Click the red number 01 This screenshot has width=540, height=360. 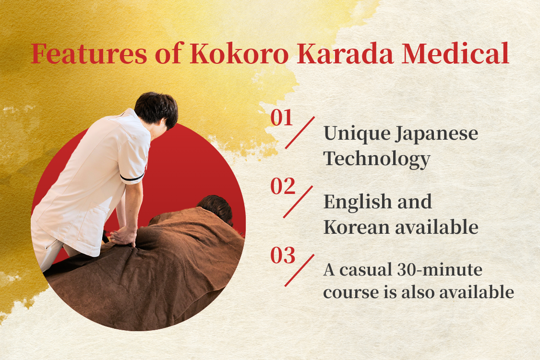tap(281, 118)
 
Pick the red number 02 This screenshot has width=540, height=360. tap(282, 186)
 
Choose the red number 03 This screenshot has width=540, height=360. tap(282, 255)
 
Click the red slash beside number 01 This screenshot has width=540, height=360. tap(300, 132)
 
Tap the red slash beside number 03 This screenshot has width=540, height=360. tap(299, 270)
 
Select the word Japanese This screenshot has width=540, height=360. tap(436, 134)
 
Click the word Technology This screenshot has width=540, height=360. tap(377, 159)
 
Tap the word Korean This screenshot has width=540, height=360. tap(357, 228)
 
